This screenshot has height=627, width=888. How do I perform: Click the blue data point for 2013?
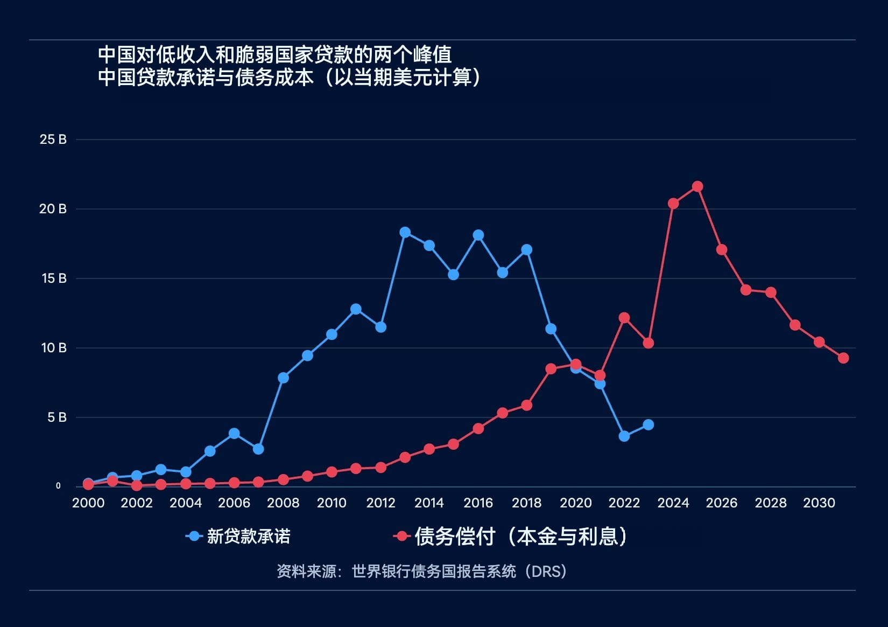(x=405, y=233)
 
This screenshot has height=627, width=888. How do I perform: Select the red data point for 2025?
(x=697, y=187)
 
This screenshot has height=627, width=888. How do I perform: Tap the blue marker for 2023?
(x=649, y=425)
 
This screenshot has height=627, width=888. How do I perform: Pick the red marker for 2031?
(x=843, y=358)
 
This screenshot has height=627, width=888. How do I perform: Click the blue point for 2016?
(x=478, y=235)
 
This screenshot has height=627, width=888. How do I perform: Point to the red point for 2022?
(x=624, y=318)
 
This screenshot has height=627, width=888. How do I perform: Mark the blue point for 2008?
(x=284, y=378)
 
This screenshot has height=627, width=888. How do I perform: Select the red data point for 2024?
(x=673, y=204)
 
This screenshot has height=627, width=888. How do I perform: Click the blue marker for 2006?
(x=234, y=434)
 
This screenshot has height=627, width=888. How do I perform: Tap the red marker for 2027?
(x=746, y=290)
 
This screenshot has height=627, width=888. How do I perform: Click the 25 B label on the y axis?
(x=53, y=140)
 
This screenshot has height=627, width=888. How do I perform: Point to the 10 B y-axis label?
(x=54, y=348)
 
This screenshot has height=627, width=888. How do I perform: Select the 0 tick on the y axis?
(x=58, y=486)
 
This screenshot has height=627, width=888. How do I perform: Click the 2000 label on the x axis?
(x=88, y=503)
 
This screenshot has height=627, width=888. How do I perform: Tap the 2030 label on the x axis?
(x=819, y=503)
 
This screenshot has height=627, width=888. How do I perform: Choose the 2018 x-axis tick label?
(x=526, y=503)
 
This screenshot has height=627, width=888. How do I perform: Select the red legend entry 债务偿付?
(x=454, y=537)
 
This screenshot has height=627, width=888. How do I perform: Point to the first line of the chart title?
(x=274, y=55)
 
